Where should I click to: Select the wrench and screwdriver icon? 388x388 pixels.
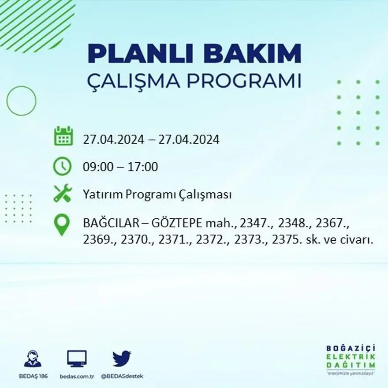pyautogui.click(x=62, y=193)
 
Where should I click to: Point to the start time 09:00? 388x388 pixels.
pyautogui.click(x=97, y=167)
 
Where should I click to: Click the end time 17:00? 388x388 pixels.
pyautogui.click(x=143, y=167)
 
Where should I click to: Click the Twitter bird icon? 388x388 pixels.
pyautogui.click(x=121, y=358)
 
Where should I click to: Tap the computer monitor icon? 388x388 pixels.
pyautogui.click(x=77, y=359)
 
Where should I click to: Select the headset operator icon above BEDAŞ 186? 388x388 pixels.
pyautogui.click(x=33, y=359)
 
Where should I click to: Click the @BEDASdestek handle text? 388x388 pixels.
pyautogui.click(x=122, y=376)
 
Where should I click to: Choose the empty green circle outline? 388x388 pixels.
pyautogui.click(x=21, y=101)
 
